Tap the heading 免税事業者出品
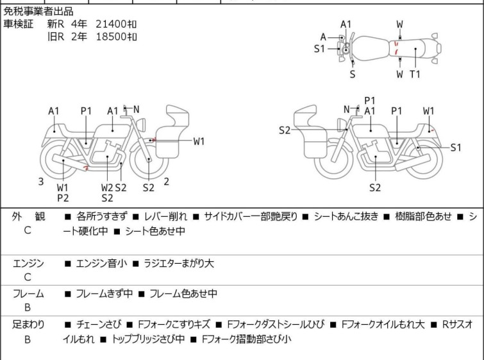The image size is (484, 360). [38, 12]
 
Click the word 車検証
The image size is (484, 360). [19, 24]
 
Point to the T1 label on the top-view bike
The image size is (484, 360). [415, 74]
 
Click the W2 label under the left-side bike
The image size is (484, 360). [107, 187]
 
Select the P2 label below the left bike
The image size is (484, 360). [62, 198]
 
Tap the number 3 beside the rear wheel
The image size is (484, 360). [41, 182]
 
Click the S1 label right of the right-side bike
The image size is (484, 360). [456, 148]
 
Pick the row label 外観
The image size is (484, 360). [28, 217]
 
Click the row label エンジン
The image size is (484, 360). [28, 263]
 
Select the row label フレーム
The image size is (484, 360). [28, 294]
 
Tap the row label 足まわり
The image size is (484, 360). [28, 325]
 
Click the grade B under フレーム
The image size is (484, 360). [28, 309]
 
